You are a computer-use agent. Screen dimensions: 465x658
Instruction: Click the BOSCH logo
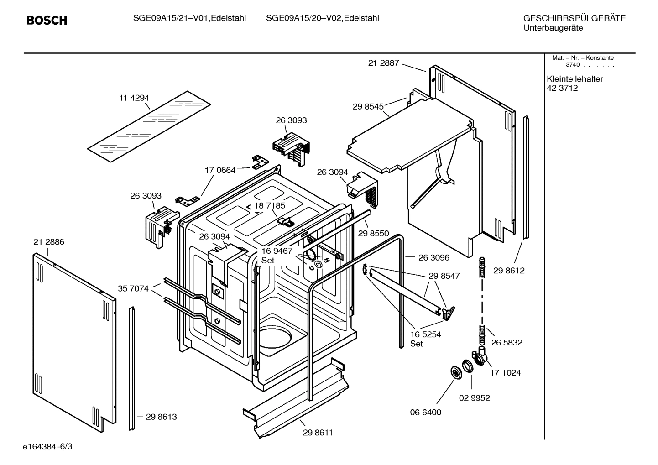point(47,20)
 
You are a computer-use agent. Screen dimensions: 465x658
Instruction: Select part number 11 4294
point(134,98)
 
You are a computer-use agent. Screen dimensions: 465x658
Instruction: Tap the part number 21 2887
point(383,63)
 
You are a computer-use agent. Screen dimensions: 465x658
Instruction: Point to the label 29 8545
point(368,106)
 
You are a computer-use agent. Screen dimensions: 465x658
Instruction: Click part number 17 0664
point(220,170)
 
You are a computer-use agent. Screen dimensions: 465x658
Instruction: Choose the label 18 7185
point(269,205)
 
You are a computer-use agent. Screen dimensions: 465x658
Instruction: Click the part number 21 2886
point(49,242)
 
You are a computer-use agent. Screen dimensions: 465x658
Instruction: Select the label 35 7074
point(133,288)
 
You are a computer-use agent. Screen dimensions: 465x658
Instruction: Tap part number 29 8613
point(161,417)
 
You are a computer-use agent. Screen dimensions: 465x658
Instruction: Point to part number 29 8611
point(318,433)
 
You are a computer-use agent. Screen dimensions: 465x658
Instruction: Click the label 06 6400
point(425,412)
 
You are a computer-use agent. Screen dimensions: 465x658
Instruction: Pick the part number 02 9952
point(474,398)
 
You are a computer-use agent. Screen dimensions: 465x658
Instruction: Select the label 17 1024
point(505,372)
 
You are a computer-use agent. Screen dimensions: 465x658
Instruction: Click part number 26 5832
point(507,342)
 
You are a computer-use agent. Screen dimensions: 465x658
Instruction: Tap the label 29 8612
point(509,271)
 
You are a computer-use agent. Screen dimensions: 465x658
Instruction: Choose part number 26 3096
point(433,257)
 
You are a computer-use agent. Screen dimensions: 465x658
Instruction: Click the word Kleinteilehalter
point(574,79)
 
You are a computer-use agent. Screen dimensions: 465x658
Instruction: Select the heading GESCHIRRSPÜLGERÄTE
point(574,18)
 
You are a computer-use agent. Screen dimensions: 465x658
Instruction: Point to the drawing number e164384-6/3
point(47,446)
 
